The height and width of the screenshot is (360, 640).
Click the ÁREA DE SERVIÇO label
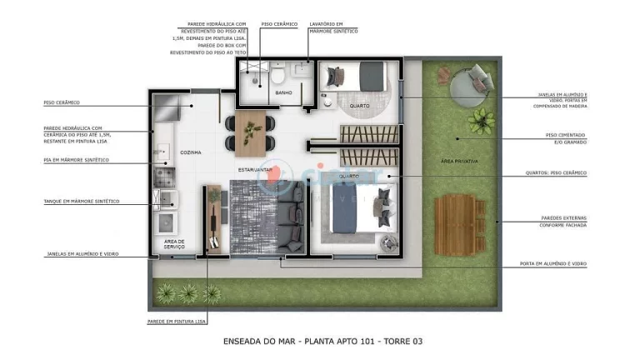pyautogui.click(x=174, y=243)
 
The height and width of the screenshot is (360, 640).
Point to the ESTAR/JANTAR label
pyautogui.click(x=254, y=169)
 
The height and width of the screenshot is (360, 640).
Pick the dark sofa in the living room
pyautogui.click(x=292, y=222)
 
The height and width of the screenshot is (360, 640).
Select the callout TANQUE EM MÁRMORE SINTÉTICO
pyautogui.click(x=81, y=201)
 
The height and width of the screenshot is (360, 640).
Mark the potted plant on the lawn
pyautogui.click(x=480, y=122)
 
